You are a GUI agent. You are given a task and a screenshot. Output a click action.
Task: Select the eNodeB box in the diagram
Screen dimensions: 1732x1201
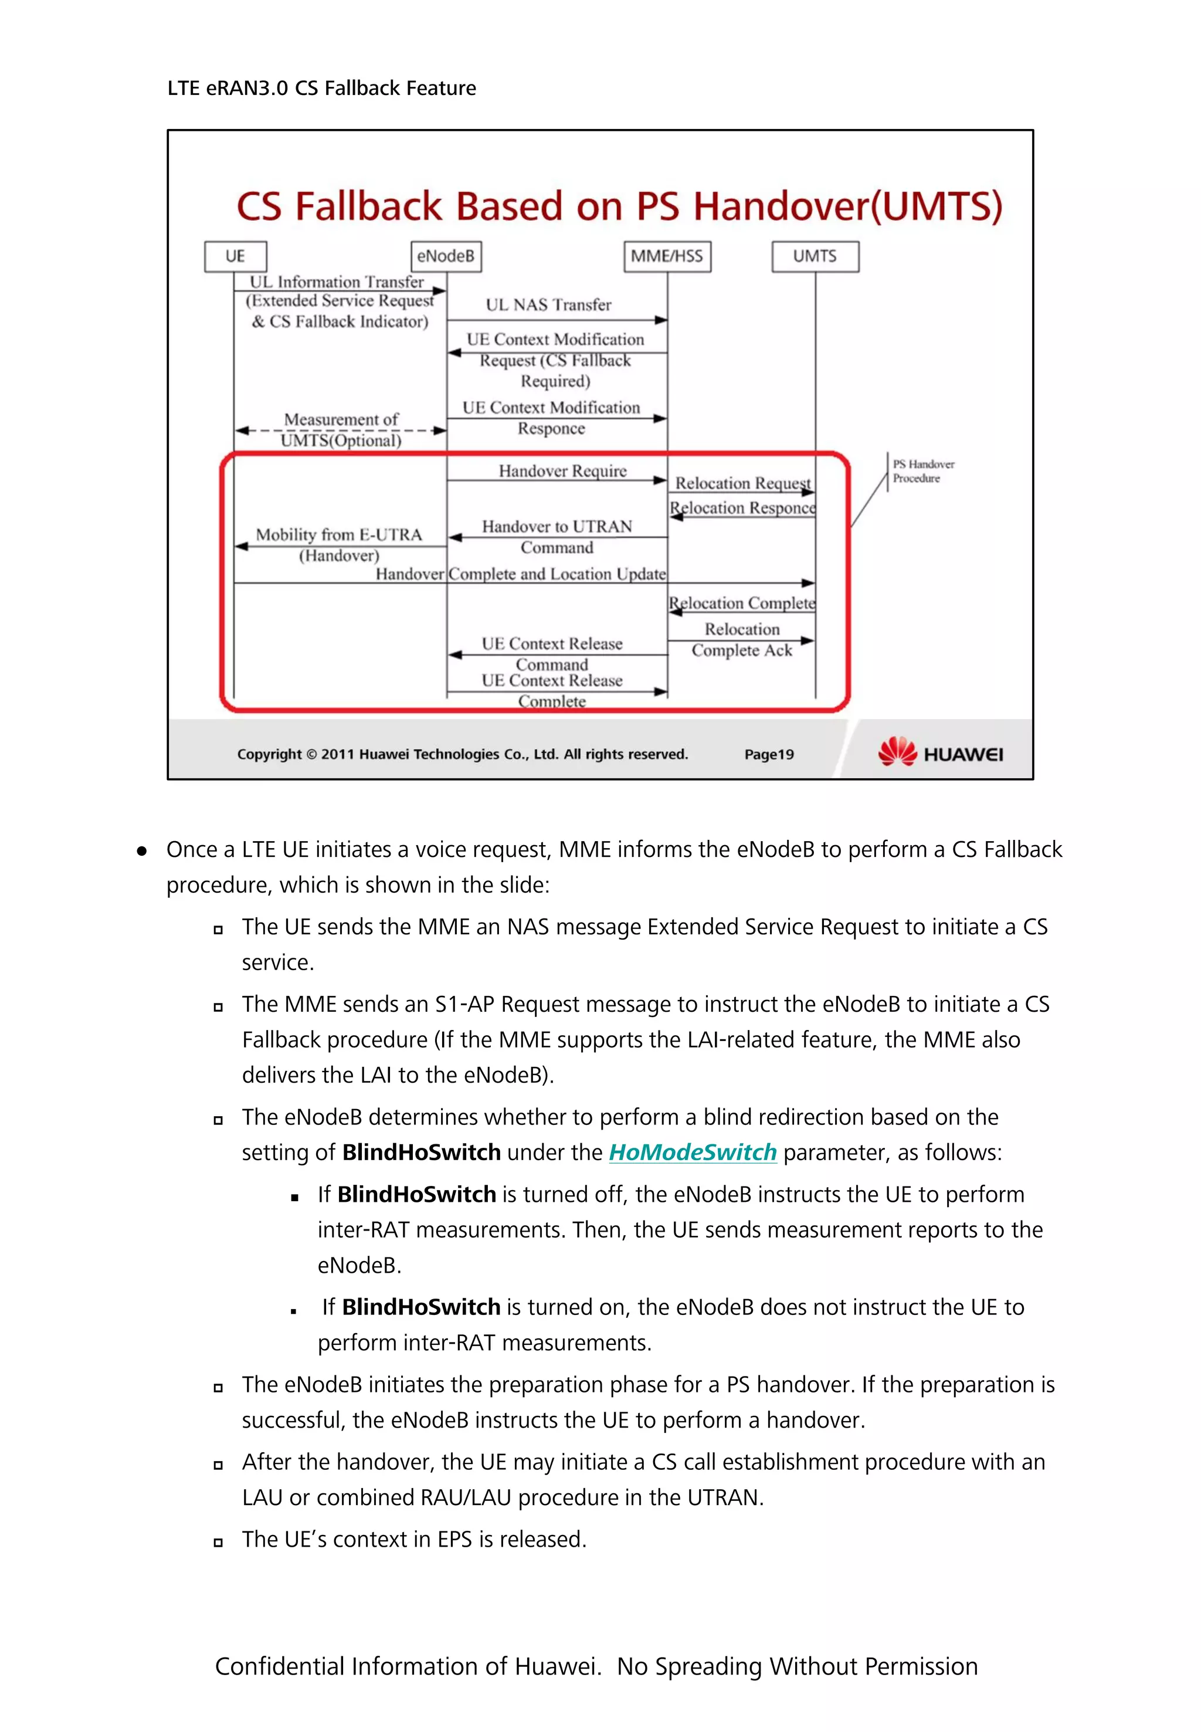[446, 256]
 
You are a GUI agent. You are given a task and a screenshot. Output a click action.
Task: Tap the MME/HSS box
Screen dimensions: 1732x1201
[667, 256]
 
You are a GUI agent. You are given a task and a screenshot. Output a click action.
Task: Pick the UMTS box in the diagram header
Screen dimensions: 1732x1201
[815, 256]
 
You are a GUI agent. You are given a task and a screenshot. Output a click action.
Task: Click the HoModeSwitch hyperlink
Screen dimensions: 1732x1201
[693, 1153]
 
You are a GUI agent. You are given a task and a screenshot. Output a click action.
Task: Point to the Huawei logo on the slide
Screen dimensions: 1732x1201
[940, 752]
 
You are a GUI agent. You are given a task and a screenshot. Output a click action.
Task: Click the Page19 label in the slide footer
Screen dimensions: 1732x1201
[769, 754]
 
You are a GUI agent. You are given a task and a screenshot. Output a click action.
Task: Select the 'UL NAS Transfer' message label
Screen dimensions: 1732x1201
[548, 305]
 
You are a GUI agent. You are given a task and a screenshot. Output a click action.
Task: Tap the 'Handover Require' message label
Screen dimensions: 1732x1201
[562, 471]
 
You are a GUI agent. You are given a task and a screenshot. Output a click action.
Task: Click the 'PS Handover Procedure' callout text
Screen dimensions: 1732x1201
[922, 471]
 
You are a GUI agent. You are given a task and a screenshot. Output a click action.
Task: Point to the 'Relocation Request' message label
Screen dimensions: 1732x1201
[742, 483]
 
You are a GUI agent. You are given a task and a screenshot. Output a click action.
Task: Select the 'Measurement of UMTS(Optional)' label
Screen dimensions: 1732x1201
[341, 430]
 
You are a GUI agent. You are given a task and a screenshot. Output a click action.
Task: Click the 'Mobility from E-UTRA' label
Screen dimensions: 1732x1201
[338, 535]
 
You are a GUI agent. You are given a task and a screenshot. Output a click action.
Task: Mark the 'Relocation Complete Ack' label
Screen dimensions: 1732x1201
[742, 640]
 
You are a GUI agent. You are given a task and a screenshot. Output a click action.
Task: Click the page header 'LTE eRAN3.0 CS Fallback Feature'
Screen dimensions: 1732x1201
[321, 88]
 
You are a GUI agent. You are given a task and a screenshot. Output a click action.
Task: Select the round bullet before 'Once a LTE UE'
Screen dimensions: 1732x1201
[141, 850]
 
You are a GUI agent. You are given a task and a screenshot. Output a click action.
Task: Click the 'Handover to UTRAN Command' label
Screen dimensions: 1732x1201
[557, 537]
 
